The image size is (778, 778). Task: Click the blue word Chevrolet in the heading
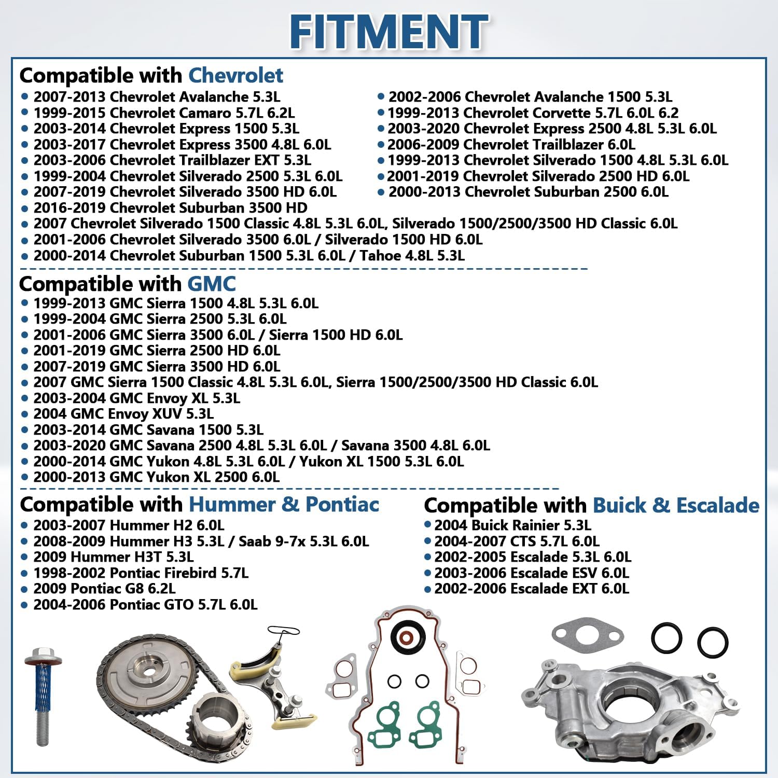pyautogui.click(x=235, y=76)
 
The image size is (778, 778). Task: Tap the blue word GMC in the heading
pyautogui.click(x=211, y=284)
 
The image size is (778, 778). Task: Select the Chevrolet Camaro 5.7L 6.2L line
pyautogui.click(x=164, y=113)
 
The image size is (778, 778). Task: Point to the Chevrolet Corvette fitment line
pyautogui.click(x=533, y=113)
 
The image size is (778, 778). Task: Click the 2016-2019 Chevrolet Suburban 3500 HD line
pyautogui.click(x=170, y=208)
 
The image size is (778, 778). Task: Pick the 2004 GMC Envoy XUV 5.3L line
pyautogui.click(x=123, y=414)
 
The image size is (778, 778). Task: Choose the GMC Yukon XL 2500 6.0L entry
pyautogui.click(x=156, y=477)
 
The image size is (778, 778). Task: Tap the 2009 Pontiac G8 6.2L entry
pyautogui.click(x=104, y=589)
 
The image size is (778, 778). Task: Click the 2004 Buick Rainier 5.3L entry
pyautogui.click(x=512, y=525)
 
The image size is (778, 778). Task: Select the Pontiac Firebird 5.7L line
pyautogui.click(x=141, y=573)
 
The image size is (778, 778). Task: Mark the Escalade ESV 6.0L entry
pyautogui.click(x=532, y=573)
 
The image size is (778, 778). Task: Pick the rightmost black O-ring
pyautogui.click(x=713, y=642)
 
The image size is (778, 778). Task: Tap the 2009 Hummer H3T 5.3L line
pyautogui.click(x=114, y=557)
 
